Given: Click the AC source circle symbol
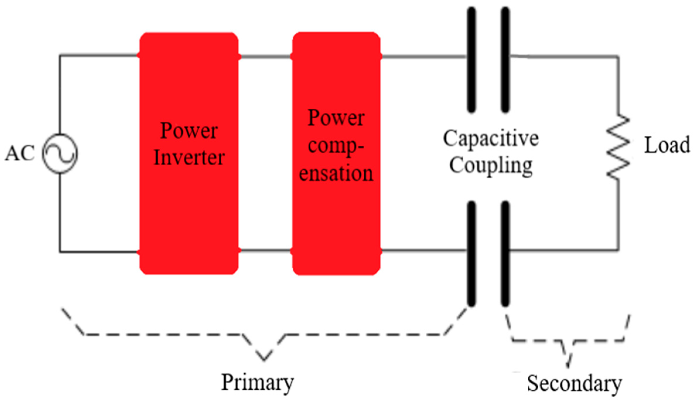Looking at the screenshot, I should click(x=60, y=154).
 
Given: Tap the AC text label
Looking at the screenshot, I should click(x=20, y=153).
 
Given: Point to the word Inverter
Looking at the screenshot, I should click(x=189, y=158).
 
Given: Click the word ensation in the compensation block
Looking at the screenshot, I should click(x=336, y=173).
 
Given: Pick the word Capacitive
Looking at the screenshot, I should click(x=491, y=139).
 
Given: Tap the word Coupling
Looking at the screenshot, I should click(x=491, y=166).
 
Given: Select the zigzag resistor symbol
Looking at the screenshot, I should click(x=618, y=147).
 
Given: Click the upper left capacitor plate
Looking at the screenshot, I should click(x=471, y=60).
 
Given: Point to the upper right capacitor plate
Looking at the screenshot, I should click(x=505, y=60).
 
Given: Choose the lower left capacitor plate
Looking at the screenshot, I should click(x=471, y=254).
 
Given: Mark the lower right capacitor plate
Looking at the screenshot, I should click(x=505, y=254).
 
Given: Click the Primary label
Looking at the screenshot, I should click(x=257, y=383).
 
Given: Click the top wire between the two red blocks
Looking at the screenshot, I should click(x=265, y=56).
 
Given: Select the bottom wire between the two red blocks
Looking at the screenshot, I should click(x=265, y=251).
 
